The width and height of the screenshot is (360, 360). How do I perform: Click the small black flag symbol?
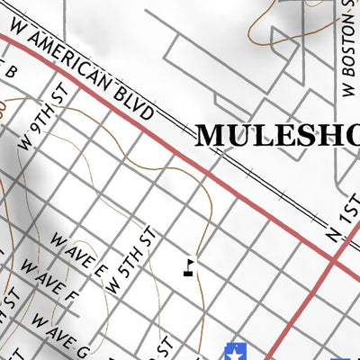tap(188, 265)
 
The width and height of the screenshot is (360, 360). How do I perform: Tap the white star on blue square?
tap(236, 351)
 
